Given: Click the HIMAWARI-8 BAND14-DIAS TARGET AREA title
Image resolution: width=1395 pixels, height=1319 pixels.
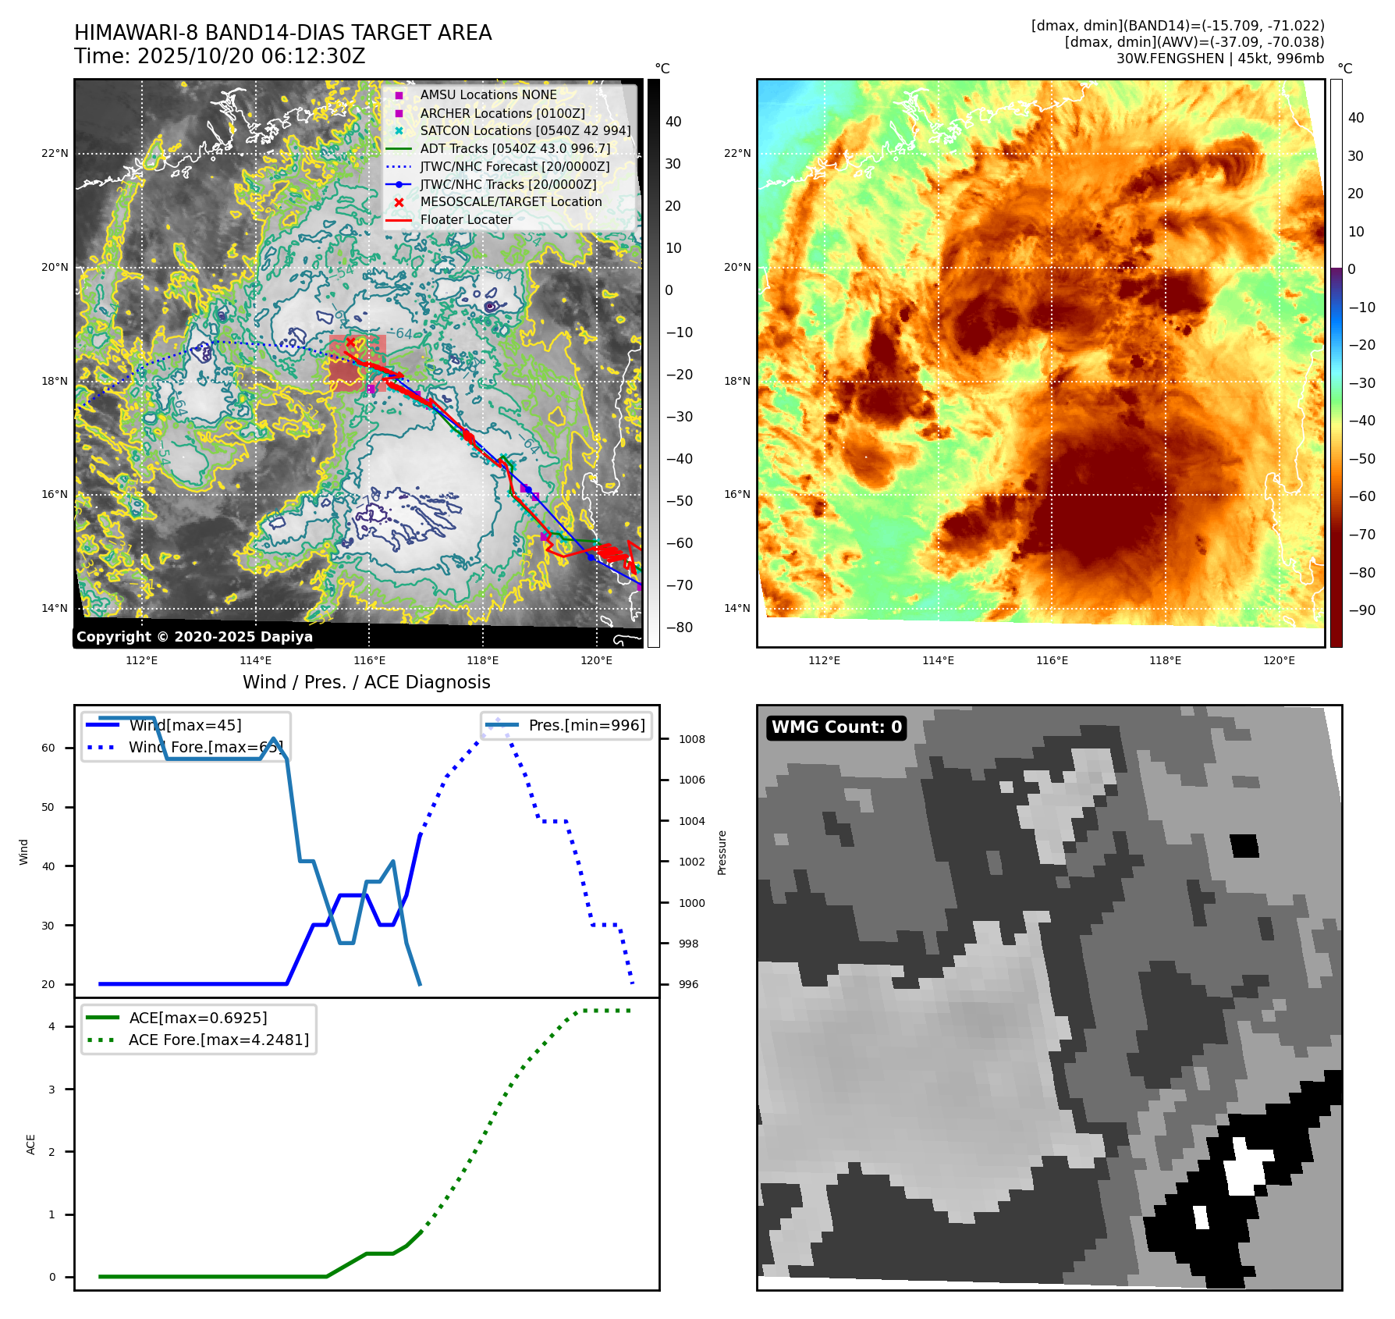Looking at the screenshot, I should (282, 33).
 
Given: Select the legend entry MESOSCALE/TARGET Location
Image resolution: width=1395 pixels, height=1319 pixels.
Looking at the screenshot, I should (510, 202).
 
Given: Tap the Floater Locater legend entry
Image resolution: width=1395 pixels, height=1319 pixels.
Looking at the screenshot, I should (466, 220).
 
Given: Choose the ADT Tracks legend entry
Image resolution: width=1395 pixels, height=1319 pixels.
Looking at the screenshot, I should (515, 148).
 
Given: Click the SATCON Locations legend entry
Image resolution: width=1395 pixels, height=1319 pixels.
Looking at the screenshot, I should (525, 130).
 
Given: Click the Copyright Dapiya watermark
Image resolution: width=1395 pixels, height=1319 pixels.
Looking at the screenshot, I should (194, 637).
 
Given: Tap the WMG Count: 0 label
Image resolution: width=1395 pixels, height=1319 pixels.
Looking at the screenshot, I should (836, 727).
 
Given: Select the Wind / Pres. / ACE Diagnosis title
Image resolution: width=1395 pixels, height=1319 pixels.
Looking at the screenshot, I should (366, 682).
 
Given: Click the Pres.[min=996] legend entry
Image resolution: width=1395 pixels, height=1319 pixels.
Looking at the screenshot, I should (586, 725).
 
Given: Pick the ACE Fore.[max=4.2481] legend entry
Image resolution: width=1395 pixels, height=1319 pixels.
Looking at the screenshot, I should (218, 1040).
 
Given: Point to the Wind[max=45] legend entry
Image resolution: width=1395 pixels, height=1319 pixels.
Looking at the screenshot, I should (185, 725).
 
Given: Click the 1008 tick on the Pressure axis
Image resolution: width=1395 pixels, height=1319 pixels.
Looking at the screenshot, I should (692, 739).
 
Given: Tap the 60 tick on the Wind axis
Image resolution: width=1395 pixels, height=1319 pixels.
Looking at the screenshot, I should (48, 748).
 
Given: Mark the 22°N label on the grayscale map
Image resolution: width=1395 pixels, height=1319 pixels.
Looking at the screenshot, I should (55, 153).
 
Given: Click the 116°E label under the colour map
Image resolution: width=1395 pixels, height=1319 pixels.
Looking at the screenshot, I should (1052, 660).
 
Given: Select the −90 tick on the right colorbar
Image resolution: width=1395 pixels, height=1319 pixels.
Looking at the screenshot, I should (1362, 610).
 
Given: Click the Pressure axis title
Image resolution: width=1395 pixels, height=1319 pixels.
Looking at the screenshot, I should (722, 852).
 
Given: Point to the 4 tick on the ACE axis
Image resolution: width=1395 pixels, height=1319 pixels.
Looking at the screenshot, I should (52, 1026).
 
